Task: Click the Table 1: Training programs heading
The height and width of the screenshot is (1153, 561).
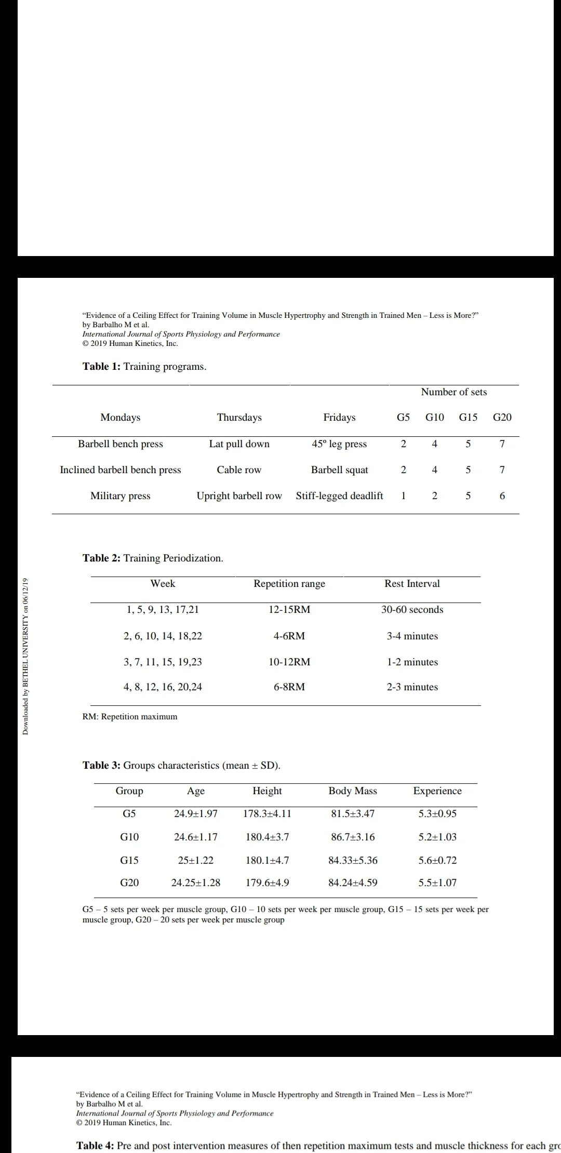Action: point(144,367)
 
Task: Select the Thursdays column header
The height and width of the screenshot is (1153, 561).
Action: point(239,418)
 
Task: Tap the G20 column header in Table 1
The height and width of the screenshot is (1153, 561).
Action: point(502,418)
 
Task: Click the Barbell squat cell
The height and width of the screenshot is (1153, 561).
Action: point(339,470)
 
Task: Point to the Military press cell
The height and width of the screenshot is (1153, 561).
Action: point(120,496)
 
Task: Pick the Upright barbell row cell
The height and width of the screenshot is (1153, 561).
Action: point(239,496)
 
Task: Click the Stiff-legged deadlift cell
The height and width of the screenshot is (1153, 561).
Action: point(339,496)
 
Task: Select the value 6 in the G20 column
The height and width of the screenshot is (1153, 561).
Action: point(502,496)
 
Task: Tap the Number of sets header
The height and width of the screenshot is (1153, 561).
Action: point(453,392)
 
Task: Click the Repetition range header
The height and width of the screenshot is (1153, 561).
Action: point(289,584)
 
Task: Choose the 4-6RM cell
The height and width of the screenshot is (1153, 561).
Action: point(289,636)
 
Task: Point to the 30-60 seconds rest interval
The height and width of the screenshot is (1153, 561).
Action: point(412,610)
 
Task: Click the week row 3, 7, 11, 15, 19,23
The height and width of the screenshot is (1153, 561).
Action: point(163,662)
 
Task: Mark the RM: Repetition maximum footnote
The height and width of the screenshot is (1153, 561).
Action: point(130,717)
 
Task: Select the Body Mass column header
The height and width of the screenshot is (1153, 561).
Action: point(353,791)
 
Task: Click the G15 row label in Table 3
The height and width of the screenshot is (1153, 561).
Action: point(129,860)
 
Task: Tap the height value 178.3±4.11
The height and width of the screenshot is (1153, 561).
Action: point(267,814)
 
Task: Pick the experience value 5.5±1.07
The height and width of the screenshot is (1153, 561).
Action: point(437,882)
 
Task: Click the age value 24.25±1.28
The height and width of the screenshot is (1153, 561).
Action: point(196,882)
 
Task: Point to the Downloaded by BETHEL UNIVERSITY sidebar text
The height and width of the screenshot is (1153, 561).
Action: point(25,656)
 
